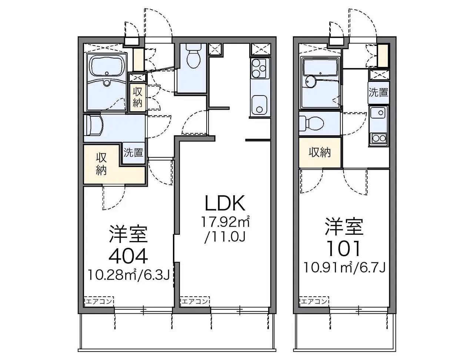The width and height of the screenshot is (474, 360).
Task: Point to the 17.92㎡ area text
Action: [x=226, y=221]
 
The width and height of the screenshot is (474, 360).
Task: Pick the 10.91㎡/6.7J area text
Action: [x=345, y=267]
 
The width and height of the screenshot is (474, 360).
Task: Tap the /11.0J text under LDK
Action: [x=225, y=237]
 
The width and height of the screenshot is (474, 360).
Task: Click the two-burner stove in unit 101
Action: [x=378, y=137]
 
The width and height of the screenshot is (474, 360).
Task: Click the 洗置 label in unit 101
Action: [x=378, y=92]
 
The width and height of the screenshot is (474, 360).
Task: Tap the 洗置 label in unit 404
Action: [x=133, y=152]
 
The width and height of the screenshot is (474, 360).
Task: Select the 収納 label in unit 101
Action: [x=320, y=153]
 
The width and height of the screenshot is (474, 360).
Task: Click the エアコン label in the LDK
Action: [x=194, y=301]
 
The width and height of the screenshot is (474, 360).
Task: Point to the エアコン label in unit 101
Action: [x=314, y=301]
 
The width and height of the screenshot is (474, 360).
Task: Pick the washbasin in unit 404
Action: [x=94, y=125]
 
